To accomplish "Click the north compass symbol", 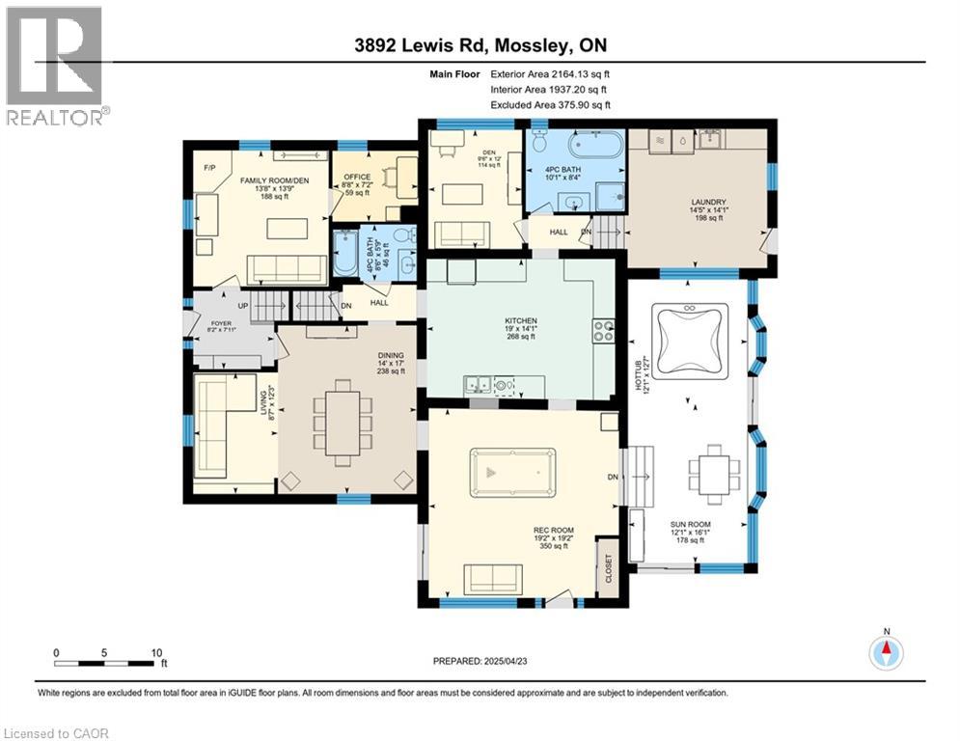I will (x=885, y=653).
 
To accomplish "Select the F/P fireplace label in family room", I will (x=209, y=168).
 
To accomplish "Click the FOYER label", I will (x=223, y=323).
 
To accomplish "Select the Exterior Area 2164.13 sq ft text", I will (x=550, y=72).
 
